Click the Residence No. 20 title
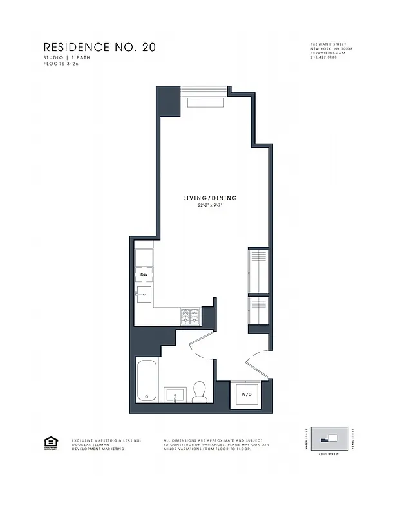99,47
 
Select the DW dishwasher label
144,275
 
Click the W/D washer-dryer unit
246,393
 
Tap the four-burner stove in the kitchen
191,316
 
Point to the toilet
200,391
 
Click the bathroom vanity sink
175,393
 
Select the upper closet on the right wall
258,269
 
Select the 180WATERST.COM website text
328,53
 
